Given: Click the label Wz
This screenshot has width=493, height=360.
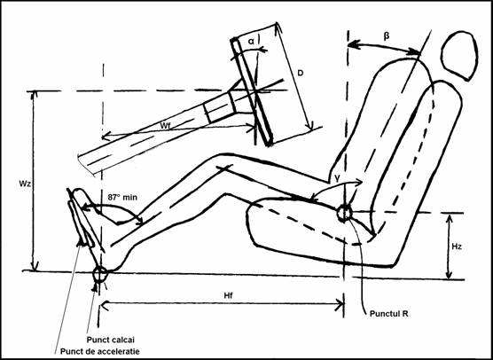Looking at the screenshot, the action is (x=24, y=184).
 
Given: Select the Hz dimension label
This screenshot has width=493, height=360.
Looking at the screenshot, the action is (x=457, y=247).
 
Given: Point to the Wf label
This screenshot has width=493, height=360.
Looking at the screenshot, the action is (x=166, y=126).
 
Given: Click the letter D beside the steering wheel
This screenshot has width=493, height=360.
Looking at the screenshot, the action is (x=301, y=73).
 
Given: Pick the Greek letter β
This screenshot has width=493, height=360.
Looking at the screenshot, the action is (x=386, y=35).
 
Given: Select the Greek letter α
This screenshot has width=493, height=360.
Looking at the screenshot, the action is (x=251, y=41).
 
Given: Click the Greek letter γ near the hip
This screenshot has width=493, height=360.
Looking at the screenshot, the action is (x=337, y=178).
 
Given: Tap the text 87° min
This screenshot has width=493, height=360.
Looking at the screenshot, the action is (x=122, y=198).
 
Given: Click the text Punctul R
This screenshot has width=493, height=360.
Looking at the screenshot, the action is (x=389, y=314).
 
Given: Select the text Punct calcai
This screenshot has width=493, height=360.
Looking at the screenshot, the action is (x=111, y=340).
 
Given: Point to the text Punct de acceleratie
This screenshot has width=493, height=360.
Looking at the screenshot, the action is (x=99, y=351).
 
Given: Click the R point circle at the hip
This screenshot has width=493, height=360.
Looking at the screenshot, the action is (x=344, y=213).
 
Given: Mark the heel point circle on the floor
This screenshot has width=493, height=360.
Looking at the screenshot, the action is (x=100, y=274).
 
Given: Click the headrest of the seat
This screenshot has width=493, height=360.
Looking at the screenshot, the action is (x=459, y=56).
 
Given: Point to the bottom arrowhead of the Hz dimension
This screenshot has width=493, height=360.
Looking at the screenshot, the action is (x=450, y=274).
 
